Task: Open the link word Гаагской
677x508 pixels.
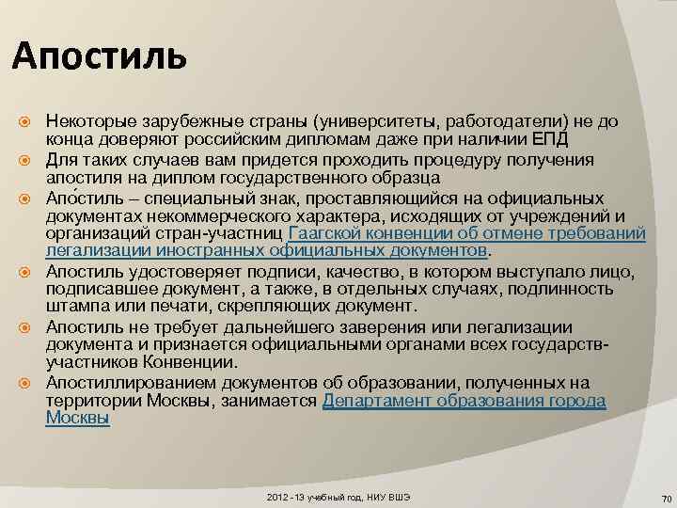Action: point(328,233)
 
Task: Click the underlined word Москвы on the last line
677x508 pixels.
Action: point(77,419)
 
